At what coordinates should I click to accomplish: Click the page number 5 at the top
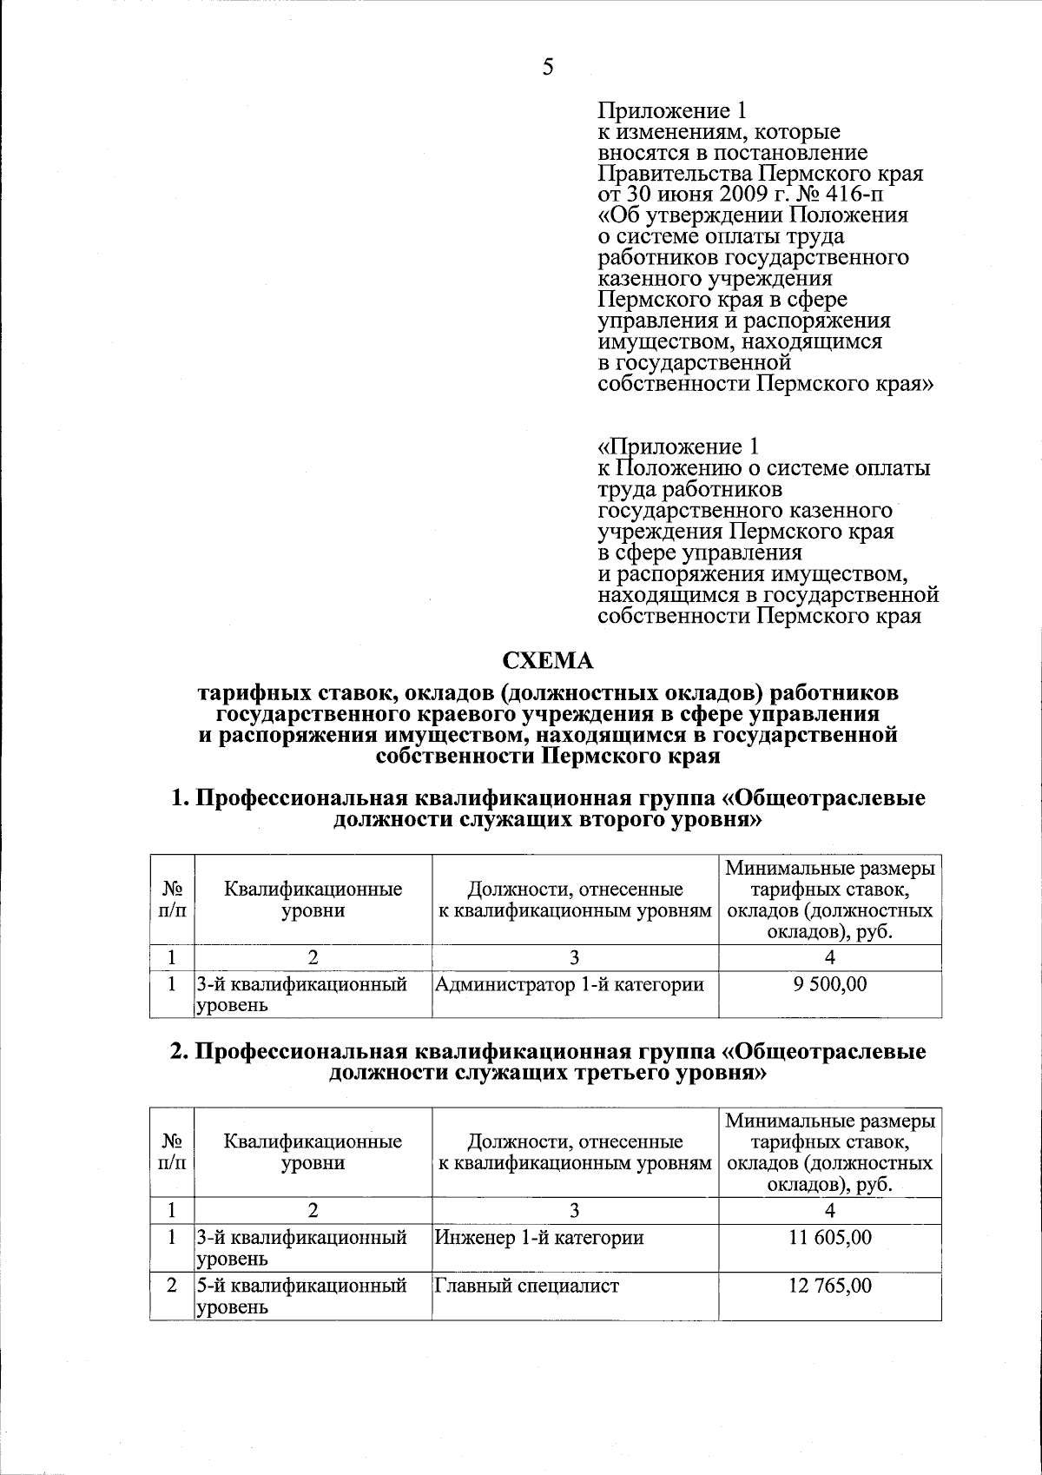[547, 67]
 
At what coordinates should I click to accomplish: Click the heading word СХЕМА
[548, 661]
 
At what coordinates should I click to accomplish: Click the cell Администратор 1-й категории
[570, 984]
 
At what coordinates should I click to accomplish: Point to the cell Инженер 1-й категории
[538, 1237]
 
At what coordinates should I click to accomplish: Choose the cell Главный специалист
[527, 1286]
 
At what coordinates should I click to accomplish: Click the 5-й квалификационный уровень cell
[301, 1295]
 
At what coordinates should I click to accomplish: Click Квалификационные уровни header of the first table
[313, 900]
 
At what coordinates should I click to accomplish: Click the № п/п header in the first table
[172, 900]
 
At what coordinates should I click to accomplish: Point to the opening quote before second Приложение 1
[605, 447]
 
